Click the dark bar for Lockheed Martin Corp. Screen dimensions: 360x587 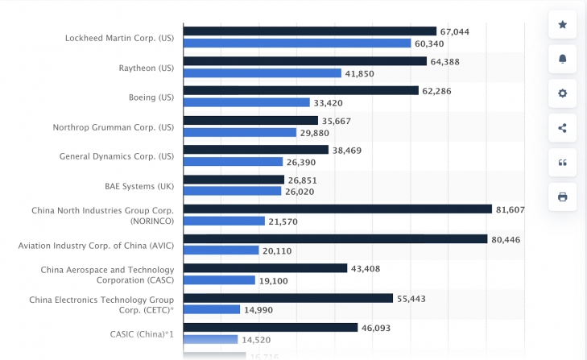coord(310,31)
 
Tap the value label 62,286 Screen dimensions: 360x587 coord(436,91)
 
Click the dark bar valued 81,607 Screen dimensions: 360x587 coord(337,209)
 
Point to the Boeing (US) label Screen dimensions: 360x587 coord(151,97)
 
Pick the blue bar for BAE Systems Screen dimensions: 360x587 coord(233,192)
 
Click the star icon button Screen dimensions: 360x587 coord(562,25)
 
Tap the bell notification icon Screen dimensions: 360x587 coord(562,59)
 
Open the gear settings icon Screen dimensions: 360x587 coord(562,93)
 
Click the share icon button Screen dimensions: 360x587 coord(562,127)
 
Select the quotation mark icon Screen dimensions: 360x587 coord(562,162)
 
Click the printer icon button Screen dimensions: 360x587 coord(562,197)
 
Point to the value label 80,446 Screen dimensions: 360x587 coord(507,239)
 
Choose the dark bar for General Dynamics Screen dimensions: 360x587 coord(256,150)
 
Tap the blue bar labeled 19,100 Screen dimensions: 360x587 coord(220,280)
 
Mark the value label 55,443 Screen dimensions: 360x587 coord(412,298)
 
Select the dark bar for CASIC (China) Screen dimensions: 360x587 coord(271,328)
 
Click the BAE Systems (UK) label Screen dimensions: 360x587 coord(139,186)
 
